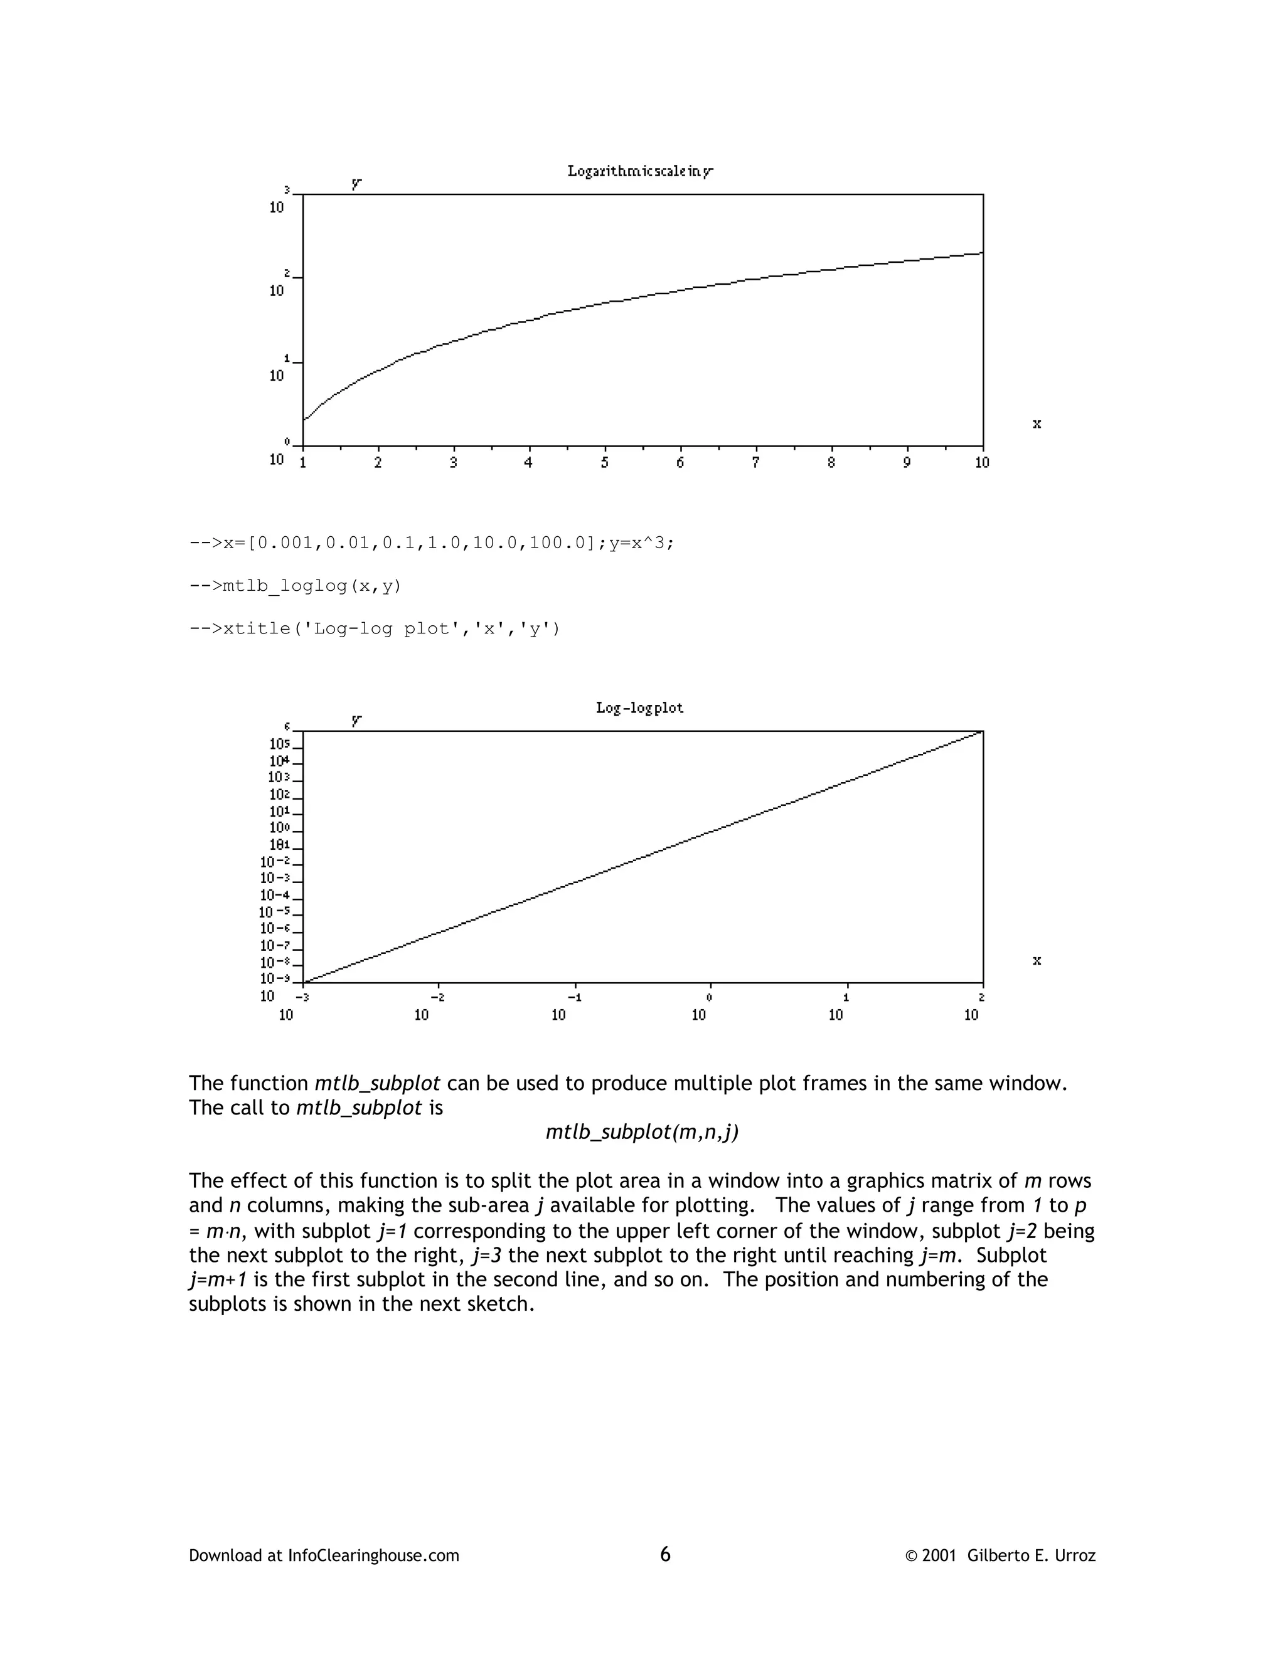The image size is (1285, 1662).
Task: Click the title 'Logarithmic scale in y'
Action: [639, 171]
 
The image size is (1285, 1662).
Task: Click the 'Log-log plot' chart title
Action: [639, 707]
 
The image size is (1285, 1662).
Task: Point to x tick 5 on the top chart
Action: [604, 463]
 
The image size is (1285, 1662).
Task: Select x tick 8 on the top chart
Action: [831, 463]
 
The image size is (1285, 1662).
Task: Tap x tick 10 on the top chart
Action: [982, 463]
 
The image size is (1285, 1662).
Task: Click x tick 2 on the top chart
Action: [378, 463]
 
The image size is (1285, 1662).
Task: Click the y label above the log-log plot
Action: [356, 719]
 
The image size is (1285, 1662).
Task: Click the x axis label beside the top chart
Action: [1036, 424]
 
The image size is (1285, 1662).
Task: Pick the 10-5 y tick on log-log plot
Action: [275, 912]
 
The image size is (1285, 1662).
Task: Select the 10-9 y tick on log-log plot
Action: [275, 978]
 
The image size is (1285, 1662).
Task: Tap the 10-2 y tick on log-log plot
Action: [275, 862]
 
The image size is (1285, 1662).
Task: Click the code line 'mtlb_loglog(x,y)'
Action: [295, 586]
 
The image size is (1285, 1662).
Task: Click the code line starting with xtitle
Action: [374, 628]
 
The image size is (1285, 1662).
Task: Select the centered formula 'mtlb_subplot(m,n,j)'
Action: [642, 1132]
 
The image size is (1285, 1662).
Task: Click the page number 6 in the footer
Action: [664, 1554]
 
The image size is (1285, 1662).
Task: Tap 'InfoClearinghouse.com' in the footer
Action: [373, 1555]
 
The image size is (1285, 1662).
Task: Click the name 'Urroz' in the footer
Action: [1075, 1555]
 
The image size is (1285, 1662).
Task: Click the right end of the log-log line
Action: [981, 732]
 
